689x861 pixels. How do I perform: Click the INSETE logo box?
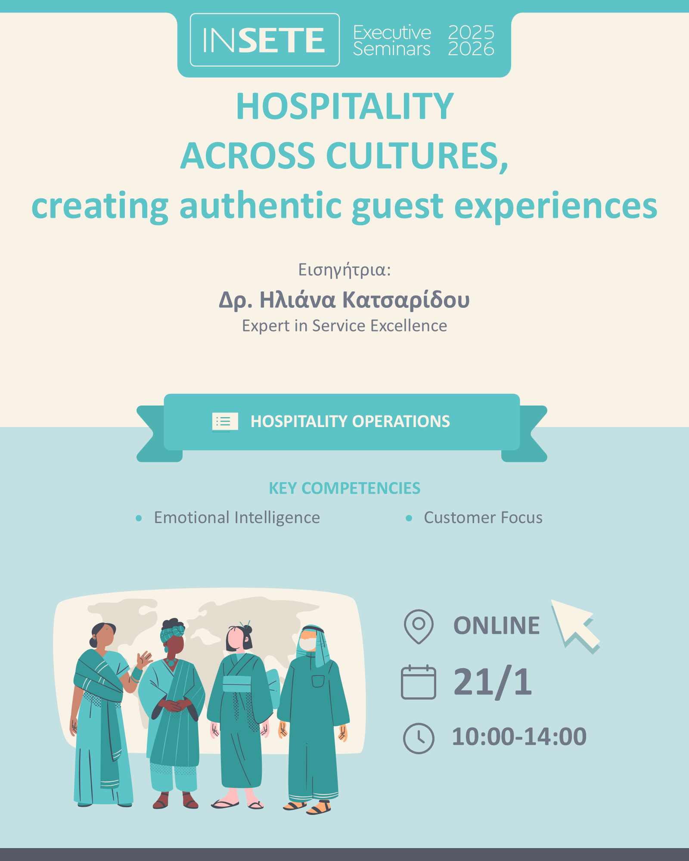point(265,40)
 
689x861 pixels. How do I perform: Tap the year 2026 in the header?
point(471,49)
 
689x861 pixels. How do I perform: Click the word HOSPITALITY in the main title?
point(345,106)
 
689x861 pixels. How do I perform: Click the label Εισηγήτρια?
point(344,270)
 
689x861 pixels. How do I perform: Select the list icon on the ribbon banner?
point(225,421)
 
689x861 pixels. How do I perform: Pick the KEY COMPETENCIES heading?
point(344,488)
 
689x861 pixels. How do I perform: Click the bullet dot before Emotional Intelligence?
point(139,518)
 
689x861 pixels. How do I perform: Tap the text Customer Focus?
point(483,517)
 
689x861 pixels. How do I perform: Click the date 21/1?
point(493,682)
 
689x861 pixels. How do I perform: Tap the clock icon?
point(419,738)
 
